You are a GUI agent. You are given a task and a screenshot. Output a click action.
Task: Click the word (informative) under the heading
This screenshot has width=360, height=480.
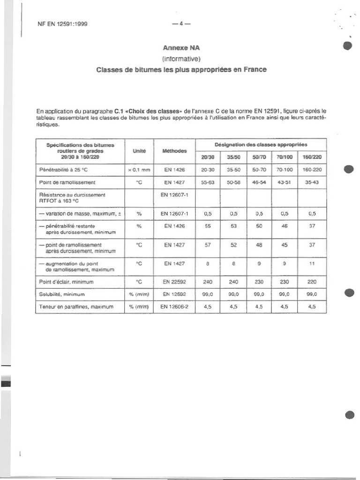coord(181,59)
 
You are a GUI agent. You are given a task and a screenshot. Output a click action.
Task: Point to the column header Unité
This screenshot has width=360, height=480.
coord(139,151)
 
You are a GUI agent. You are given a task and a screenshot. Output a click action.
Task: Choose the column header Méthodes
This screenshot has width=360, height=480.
coord(174,151)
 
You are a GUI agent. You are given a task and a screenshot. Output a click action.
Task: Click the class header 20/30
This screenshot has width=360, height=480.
coord(208,157)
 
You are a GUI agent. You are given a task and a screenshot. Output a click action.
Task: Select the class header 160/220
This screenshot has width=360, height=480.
coord(312,157)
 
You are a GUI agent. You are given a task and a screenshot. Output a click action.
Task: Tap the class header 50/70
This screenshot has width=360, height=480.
coord(259,157)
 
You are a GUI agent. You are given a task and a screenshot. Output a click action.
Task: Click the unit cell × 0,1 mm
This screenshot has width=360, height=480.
coord(139,170)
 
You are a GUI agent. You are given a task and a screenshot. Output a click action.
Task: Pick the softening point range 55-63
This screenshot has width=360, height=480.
coord(208,183)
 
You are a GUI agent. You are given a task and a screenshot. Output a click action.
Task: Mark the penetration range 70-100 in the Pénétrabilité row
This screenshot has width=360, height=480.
coord(285,170)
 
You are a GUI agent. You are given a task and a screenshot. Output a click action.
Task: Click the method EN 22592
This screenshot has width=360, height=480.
coord(174,282)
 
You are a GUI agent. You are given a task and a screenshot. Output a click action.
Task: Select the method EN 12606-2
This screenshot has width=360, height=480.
coord(174,307)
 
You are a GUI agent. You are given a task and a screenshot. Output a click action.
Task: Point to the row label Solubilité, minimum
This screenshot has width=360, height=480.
coord(61,294)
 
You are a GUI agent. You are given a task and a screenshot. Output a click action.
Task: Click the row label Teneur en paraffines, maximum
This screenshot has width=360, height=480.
coord(76,307)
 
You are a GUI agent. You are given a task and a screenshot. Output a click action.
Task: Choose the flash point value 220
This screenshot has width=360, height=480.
coord(312,282)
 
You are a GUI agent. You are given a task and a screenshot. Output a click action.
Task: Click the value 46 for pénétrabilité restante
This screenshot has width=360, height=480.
coord(285,226)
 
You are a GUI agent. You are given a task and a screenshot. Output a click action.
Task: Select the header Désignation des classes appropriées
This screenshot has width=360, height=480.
coord(261,144)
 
